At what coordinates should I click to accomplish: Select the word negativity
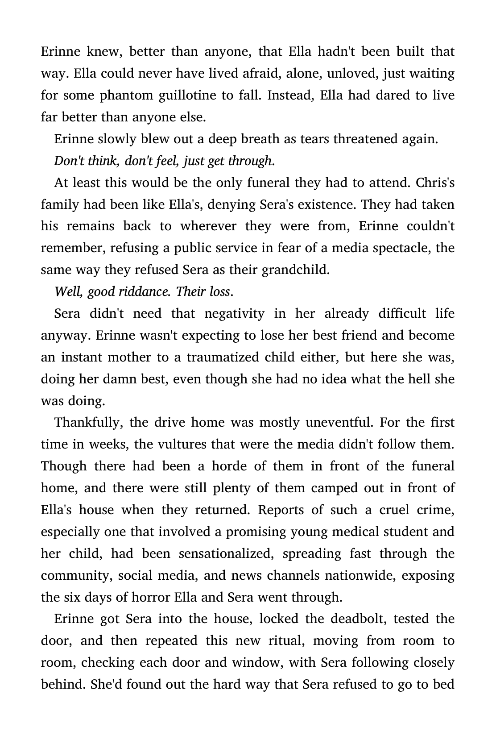click(234, 314)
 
